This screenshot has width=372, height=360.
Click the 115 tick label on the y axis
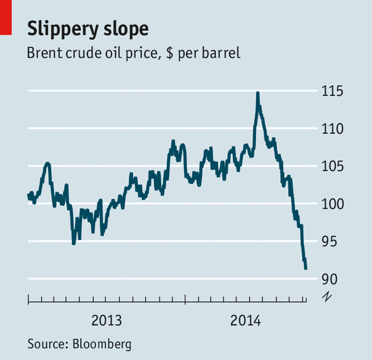334,91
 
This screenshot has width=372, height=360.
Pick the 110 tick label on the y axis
334,129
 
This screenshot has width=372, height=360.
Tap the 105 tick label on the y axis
334,167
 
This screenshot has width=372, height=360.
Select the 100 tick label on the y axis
334,204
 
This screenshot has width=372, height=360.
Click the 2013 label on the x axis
106,320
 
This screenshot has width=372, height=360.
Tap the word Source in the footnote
46,344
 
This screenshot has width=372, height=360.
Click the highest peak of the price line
257,93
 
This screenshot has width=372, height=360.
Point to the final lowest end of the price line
306,268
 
